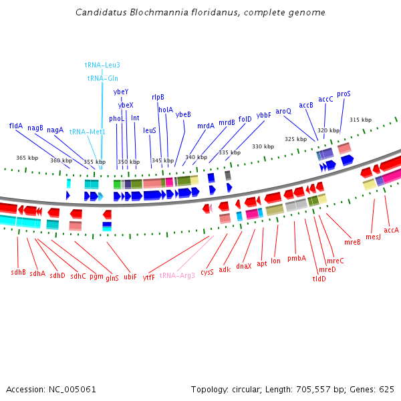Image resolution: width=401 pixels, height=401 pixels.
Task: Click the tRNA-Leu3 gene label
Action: coord(102,65)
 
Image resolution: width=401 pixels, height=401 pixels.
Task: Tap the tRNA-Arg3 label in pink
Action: coord(177,275)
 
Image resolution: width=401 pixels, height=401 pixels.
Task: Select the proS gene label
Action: coord(344,94)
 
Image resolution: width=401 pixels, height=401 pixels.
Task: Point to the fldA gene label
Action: coord(16,126)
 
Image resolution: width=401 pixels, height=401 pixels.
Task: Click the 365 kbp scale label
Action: coord(27,158)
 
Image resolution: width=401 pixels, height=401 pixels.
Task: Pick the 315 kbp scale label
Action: coord(361,120)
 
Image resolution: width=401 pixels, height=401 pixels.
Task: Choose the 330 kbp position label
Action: coord(263,146)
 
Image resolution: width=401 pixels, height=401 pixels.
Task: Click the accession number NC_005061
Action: coord(72,390)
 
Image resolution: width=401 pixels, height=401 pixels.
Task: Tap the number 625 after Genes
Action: coord(387,390)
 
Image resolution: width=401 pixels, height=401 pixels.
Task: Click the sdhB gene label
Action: coord(19,272)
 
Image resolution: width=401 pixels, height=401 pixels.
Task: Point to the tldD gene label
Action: coord(319,279)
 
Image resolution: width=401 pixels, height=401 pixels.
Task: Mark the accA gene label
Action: coord(391,230)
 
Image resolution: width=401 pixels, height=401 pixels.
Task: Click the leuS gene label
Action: coord(150,130)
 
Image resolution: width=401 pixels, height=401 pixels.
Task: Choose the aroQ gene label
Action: coord(283,111)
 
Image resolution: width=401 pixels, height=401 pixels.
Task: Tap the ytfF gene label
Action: coord(149,277)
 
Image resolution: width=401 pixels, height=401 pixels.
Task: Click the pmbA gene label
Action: coord(297,258)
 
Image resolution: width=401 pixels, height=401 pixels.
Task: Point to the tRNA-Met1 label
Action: coord(88,132)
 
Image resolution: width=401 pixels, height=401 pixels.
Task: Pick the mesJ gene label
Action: coord(373,237)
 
